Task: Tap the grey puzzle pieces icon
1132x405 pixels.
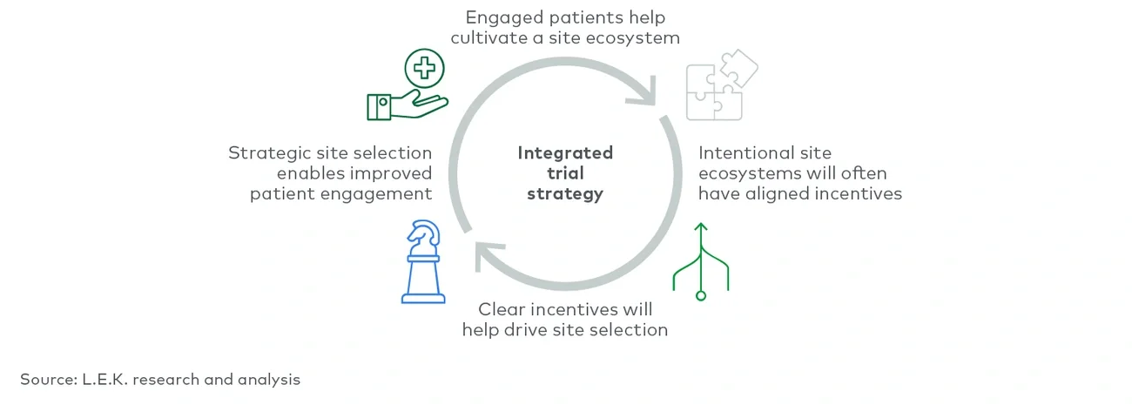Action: pos(721,86)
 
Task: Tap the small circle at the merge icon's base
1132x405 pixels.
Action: pos(700,296)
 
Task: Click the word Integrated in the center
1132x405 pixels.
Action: pos(565,152)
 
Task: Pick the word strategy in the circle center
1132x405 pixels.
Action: pos(565,194)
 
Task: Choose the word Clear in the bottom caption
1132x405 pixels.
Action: pos(502,309)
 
